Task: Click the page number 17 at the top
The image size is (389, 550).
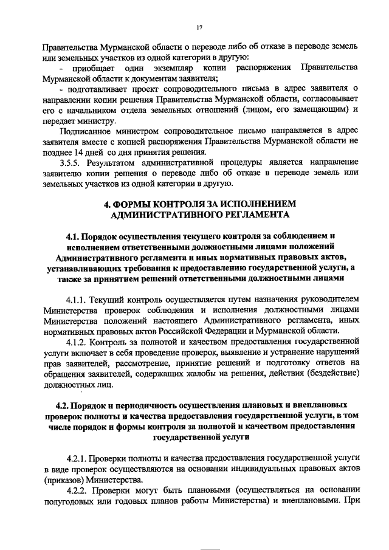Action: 199,27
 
